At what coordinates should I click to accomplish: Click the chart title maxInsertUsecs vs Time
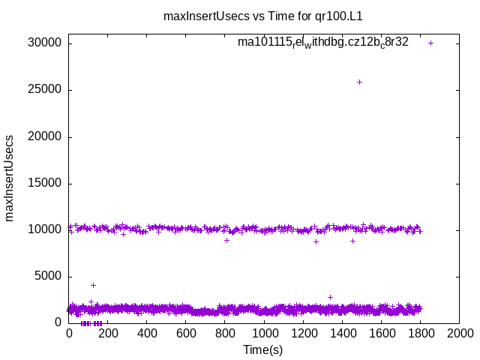point(268,15)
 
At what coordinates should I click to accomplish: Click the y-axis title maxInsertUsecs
point(10,178)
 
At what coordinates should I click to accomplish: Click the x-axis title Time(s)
point(263,349)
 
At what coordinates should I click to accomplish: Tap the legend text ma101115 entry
point(323,43)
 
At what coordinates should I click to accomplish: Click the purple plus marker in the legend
point(431,43)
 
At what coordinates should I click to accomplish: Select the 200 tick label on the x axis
point(108,333)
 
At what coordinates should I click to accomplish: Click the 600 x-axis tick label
point(186,333)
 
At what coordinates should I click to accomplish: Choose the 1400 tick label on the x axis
point(342,333)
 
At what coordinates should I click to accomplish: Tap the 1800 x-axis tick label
point(420,333)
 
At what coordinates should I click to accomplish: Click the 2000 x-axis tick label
point(459,333)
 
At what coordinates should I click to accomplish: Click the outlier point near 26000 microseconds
point(359,82)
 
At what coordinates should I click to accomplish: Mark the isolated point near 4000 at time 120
point(93,285)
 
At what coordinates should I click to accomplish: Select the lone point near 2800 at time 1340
point(330,297)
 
